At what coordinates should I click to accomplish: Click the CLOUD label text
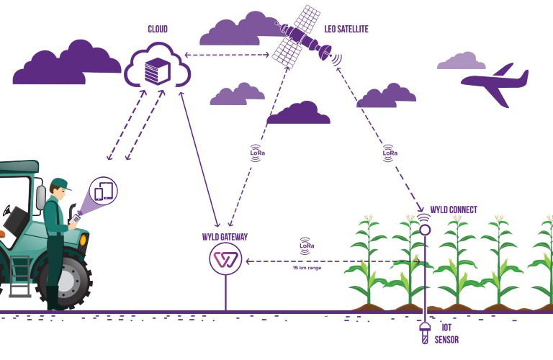[157, 29]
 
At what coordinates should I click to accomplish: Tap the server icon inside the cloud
[156, 70]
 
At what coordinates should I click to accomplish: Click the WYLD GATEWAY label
[225, 237]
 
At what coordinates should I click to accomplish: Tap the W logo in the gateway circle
[225, 259]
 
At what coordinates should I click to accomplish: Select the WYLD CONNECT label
[454, 210]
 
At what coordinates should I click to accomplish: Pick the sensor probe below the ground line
[425, 333]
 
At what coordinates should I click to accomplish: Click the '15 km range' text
[307, 268]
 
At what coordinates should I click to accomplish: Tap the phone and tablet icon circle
[104, 191]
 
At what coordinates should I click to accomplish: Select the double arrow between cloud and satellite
[229, 55]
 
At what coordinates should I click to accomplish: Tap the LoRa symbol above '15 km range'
[307, 246]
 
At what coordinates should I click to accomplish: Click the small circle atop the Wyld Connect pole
[425, 230]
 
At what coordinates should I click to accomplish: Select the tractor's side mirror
[41, 197]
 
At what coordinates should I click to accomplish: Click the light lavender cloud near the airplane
[461, 61]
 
